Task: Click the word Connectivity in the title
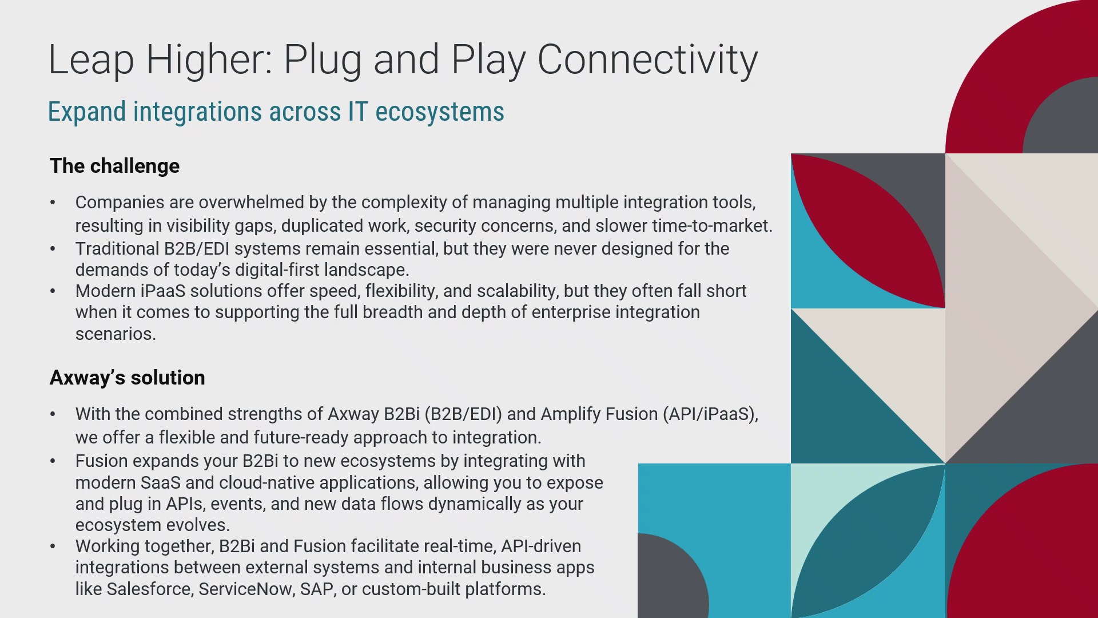click(647, 60)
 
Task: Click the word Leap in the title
click(91, 60)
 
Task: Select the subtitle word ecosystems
click(440, 111)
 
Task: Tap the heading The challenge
click(114, 166)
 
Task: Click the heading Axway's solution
click(127, 378)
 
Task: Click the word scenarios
click(116, 334)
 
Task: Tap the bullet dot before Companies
click(53, 203)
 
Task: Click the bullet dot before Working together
click(53, 546)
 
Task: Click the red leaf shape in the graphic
click(868, 231)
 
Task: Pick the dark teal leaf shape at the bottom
click(868, 541)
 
